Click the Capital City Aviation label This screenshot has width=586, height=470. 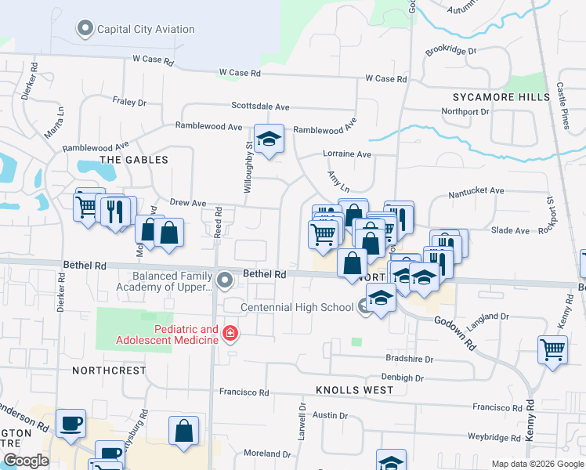pyautogui.click(x=145, y=30)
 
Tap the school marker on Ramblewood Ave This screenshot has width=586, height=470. pyautogui.click(x=269, y=139)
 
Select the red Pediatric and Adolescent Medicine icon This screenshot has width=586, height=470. pyautogui.click(x=230, y=334)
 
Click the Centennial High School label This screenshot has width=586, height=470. pyautogui.click(x=297, y=307)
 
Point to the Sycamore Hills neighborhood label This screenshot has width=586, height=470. pyautogui.click(x=501, y=97)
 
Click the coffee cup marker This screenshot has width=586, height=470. pyautogui.click(x=71, y=424)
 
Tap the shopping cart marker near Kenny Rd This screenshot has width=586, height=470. pyautogui.click(x=553, y=349)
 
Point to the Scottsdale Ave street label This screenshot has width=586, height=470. pyautogui.click(x=260, y=107)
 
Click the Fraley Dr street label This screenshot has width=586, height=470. pyautogui.click(x=129, y=102)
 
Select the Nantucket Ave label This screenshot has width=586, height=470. pyautogui.click(x=476, y=191)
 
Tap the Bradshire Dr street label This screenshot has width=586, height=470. pyautogui.click(x=409, y=359)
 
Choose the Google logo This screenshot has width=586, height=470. pyautogui.click(x=26, y=461)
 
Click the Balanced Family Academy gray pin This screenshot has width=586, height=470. pyautogui.click(x=226, y=280)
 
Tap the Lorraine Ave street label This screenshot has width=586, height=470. pyautogui.click(x=347, y=154)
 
